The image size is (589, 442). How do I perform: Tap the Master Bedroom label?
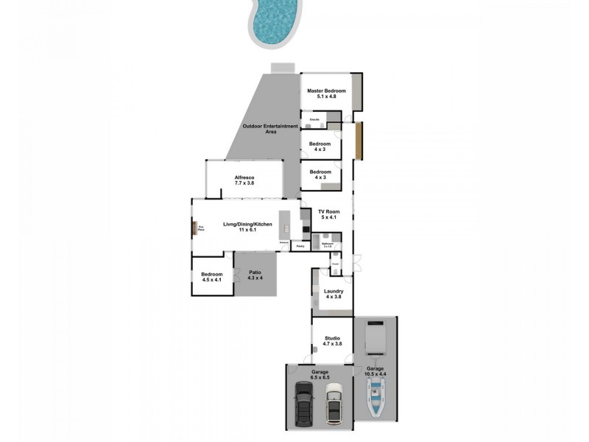[x=326, y=93]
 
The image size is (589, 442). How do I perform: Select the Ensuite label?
[x=314, y=119]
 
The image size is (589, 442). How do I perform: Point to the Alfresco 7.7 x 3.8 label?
[x=244, y=180]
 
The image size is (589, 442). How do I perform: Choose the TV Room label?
[x=327, y=214]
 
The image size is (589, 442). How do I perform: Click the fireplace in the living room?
[x=195, y=229]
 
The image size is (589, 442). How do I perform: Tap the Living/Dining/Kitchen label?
[x=247, y=226]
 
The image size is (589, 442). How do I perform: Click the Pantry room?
[x=300, y=247]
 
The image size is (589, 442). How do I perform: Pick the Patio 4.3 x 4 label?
[x=255, y=275]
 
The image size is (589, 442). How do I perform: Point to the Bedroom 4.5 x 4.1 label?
[x=212, y=277]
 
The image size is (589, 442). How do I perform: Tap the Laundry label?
[x=334, y=294]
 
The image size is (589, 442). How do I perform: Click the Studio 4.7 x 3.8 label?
[x=333, y=341]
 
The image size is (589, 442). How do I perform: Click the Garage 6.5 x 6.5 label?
[x=319, y=375]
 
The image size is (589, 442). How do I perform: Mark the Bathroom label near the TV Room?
[x=328, y=244]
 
